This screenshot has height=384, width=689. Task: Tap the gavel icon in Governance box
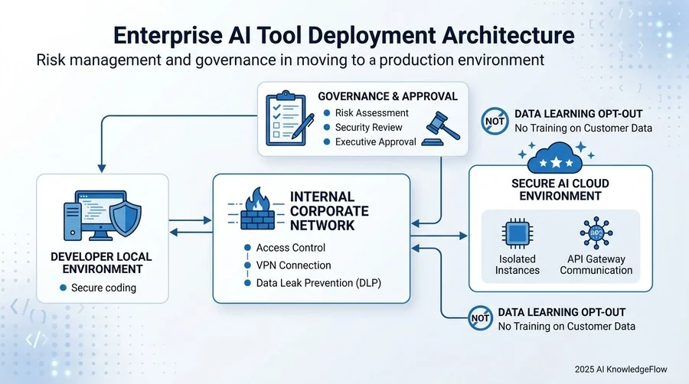click(441, 129)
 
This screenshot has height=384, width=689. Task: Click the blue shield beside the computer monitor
click(126, 216)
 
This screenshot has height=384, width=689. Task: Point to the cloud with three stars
click(557, 157)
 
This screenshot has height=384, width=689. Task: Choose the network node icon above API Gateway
click(596, 233)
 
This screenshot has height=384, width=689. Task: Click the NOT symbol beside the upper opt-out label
click(495, 121)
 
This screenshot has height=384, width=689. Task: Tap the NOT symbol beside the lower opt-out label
click(480, 317)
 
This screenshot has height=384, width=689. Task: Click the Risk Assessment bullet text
click(372, 112)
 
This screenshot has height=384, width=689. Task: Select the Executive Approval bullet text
click(376, 142)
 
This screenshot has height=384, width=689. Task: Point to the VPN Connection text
click(293, 265)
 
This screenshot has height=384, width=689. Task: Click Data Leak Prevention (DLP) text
click(318, 282)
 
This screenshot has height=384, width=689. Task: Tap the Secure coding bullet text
click(103, 288)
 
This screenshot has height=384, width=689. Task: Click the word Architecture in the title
click(508, 35)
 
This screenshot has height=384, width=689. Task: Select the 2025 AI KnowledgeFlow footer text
click(621, 369)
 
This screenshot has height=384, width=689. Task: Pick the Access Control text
click(291, 248)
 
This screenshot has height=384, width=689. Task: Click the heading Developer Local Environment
click(101, 262)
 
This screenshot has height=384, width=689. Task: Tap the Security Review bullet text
click(369, 127)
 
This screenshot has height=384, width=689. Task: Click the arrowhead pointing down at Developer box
click(102, 168)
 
